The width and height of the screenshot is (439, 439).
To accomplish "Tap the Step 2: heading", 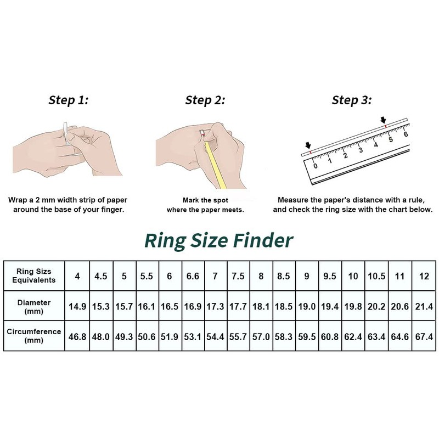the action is [205, 100].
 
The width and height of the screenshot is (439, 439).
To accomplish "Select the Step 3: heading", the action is [352, 100].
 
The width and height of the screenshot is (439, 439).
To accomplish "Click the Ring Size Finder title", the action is [218, 240].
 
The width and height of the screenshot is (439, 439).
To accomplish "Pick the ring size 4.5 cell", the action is [100, 276].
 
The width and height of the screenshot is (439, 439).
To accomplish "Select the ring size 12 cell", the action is [424, 276].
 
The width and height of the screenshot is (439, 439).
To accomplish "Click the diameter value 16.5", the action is [169, 306].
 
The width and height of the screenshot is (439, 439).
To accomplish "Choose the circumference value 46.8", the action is [77, 336].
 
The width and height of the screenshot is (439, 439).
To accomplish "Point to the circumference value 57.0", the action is [261, 336].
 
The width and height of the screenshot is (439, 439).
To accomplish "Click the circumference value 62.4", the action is [353, 336].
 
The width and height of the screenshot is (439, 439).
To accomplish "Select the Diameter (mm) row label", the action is [34, 306].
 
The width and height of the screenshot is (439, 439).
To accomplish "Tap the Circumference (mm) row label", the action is [34, 336].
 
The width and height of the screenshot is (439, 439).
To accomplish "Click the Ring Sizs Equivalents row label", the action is [34, 276].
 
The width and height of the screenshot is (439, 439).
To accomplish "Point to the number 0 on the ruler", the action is [315, 165].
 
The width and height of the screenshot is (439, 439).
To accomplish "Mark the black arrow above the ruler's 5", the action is [384, 120].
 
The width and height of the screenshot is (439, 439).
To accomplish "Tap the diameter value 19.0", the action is [307, 306].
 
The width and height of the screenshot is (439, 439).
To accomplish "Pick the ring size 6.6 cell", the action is [192, 276].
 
